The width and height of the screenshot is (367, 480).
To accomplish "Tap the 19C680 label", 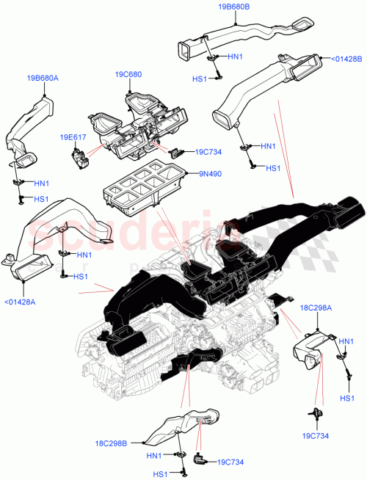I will [129, 74].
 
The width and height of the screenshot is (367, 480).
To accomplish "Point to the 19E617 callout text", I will [73, 135].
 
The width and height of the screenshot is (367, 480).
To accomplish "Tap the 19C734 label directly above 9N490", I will [209, 152].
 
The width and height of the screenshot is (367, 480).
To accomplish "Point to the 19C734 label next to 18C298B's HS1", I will [231, 462].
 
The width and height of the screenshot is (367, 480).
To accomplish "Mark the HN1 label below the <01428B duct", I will [269, 145].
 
